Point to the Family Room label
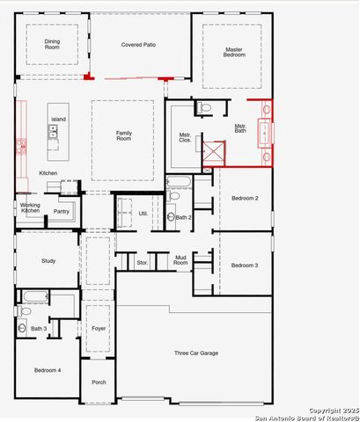124,135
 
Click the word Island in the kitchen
58,119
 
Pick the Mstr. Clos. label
185,137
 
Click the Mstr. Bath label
240,128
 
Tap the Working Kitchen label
30,207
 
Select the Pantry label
61,211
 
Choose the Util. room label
143,213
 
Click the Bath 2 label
183,217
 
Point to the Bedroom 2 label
244,199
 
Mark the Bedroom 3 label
244,265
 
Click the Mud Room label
180,261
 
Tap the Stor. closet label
142,262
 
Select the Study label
48,261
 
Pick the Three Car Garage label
195,353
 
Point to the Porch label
98,382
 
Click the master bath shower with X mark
213,154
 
